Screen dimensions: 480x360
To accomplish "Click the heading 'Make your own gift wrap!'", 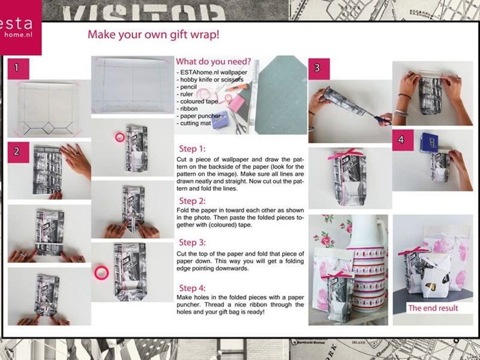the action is [x=154, y=34].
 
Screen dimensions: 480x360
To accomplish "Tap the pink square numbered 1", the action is [x=18, y=68].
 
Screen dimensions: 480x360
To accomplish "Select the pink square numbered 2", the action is [x=18, y=152].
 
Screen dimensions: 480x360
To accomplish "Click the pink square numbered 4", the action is [x=403, y=140].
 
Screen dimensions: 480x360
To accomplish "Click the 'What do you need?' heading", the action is [x=213, y=62].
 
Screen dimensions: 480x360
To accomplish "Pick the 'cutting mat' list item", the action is [x=194, y=124].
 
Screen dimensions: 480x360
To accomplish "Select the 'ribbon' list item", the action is [x=187, y=109].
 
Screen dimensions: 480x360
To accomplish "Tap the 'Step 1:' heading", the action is [x=192, y=149].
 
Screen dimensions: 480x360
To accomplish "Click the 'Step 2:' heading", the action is [x=192, y=201].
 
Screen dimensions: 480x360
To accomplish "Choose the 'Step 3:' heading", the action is [x=192, y=242].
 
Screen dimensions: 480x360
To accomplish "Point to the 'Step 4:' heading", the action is [x=192, y=288].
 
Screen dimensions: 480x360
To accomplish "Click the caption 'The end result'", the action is [x=433, y=308].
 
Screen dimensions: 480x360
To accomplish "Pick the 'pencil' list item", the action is [x=187, y=87].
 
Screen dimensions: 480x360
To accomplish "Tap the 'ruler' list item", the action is [x=185, y=94].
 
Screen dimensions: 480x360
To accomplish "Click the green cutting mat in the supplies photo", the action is [x=281, y=95].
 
